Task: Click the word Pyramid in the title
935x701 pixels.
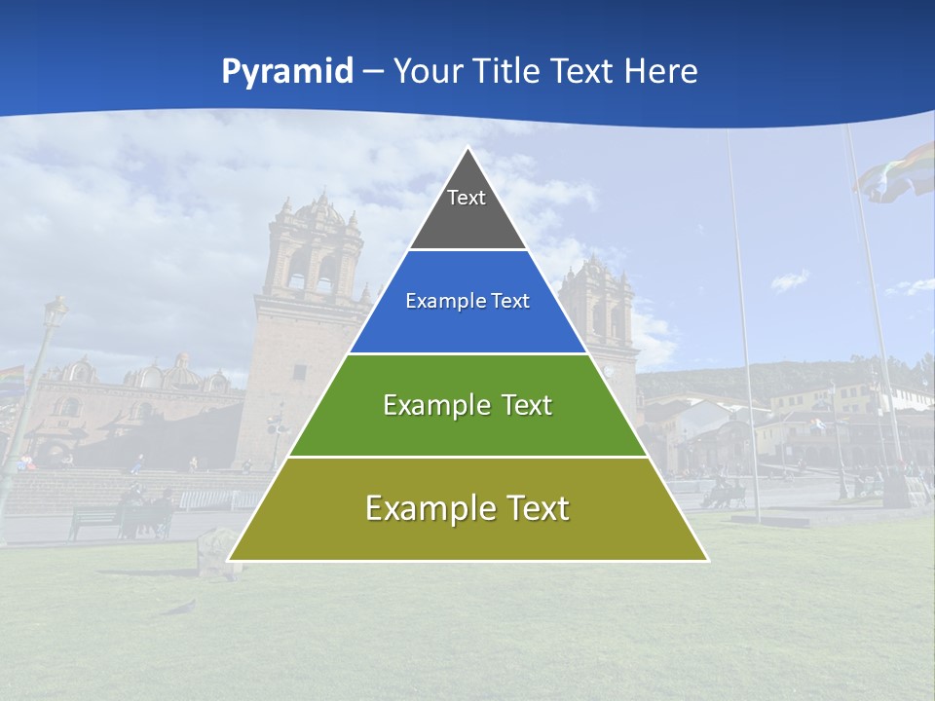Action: (286, 72)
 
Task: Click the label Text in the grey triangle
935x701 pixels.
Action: (466, 198)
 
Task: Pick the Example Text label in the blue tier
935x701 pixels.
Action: (467, 301)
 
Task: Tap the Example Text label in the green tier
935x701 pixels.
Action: (467, 405)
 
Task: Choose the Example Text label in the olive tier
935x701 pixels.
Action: (467, 508)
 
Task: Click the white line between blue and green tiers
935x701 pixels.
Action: (467, 353)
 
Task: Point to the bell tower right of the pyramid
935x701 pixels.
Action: (599, 302)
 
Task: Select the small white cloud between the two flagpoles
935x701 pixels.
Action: (789, 281)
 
